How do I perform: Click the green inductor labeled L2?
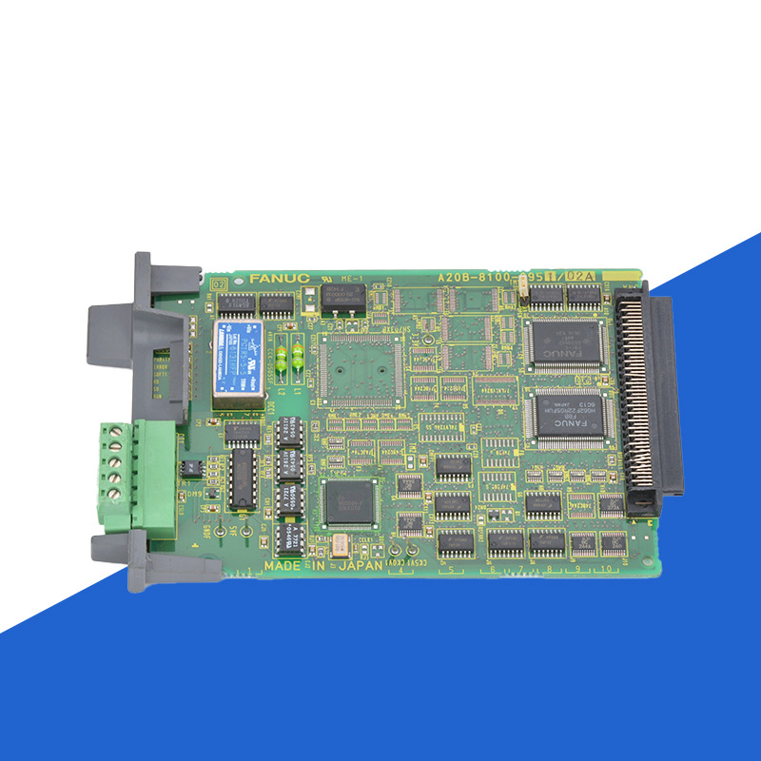tap(283, 355)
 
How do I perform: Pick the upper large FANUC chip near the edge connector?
tap(566, 344)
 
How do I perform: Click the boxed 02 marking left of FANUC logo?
tap(219, 283)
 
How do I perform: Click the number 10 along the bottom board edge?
tap(609, 568)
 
